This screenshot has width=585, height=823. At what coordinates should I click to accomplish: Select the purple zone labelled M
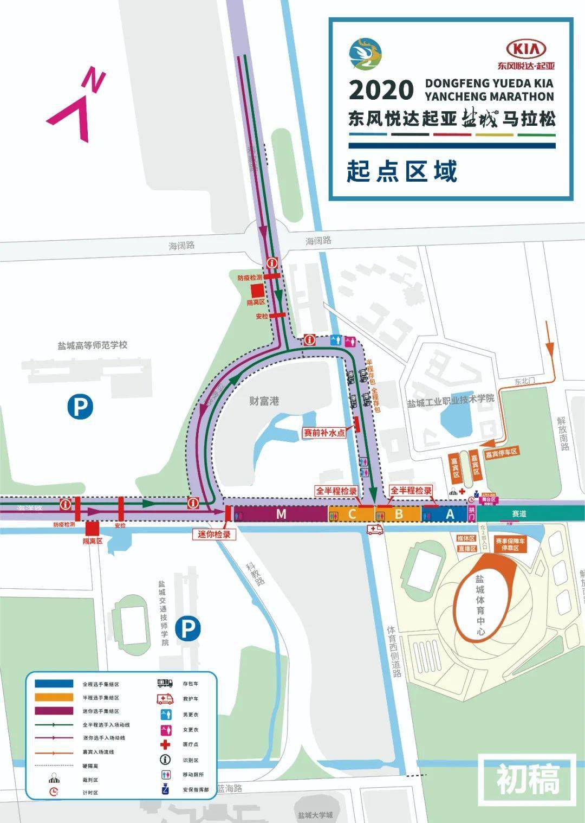281,514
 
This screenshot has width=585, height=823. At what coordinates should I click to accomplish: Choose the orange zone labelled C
352,514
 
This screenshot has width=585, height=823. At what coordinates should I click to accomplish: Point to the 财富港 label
264,401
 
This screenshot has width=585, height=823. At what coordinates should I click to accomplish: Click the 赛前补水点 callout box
324,433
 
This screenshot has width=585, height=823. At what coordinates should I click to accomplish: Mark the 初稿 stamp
528,780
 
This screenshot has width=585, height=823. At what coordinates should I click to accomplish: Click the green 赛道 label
518,513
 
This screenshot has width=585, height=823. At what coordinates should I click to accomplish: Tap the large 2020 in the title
381,91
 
